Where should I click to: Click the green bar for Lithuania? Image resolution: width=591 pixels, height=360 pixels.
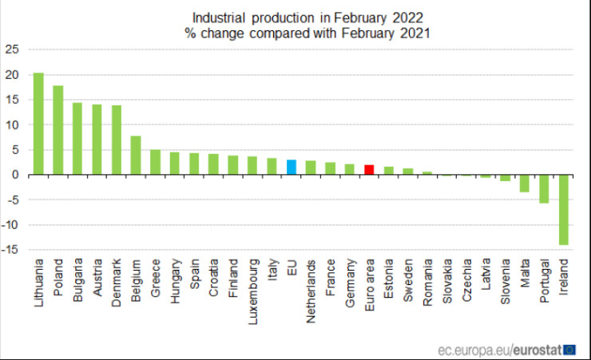[x=38, y=124]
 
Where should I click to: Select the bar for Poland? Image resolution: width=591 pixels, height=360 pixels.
[x=58, y=130]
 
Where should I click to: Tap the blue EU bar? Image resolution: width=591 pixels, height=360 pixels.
[x=292, y=167]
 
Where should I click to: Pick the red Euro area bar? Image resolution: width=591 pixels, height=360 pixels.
[x=369, y=169]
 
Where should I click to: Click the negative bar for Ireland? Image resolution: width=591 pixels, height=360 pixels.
[x=563, y=210]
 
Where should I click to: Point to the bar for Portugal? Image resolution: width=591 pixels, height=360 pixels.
[x=544, y=189]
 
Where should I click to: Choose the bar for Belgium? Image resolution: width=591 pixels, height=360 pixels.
[x=136, y=155]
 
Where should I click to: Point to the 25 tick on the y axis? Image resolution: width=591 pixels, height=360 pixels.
[x=11, y=49]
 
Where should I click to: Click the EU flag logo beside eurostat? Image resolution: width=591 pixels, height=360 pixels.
[x=570, y=349]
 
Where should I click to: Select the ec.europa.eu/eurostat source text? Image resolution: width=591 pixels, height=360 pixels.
[x=498, y=349]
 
